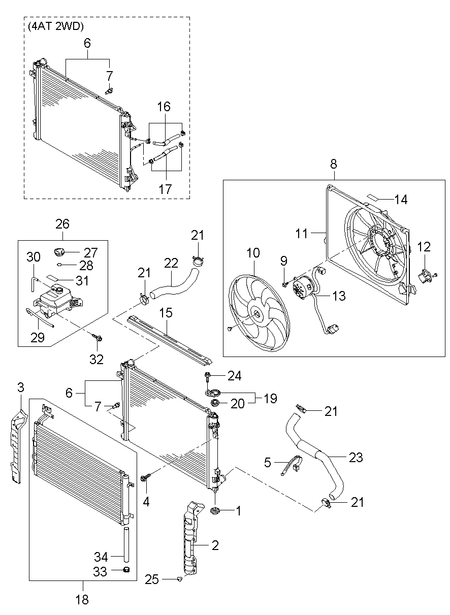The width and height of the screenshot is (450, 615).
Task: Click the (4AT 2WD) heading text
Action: [56, 26]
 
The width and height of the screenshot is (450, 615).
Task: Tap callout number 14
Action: [401, 200]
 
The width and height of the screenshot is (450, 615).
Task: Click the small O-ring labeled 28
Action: [59, 265]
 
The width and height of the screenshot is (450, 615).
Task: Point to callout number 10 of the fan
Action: [253, 252]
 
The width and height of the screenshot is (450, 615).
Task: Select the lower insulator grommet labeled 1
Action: [215, 510]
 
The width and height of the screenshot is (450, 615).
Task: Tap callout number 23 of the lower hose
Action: [356, 457]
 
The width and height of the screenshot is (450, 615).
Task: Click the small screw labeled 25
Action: [179, 579]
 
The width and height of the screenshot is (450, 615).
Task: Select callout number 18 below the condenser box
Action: [82, 599]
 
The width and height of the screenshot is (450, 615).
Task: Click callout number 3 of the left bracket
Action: [20, 387]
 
